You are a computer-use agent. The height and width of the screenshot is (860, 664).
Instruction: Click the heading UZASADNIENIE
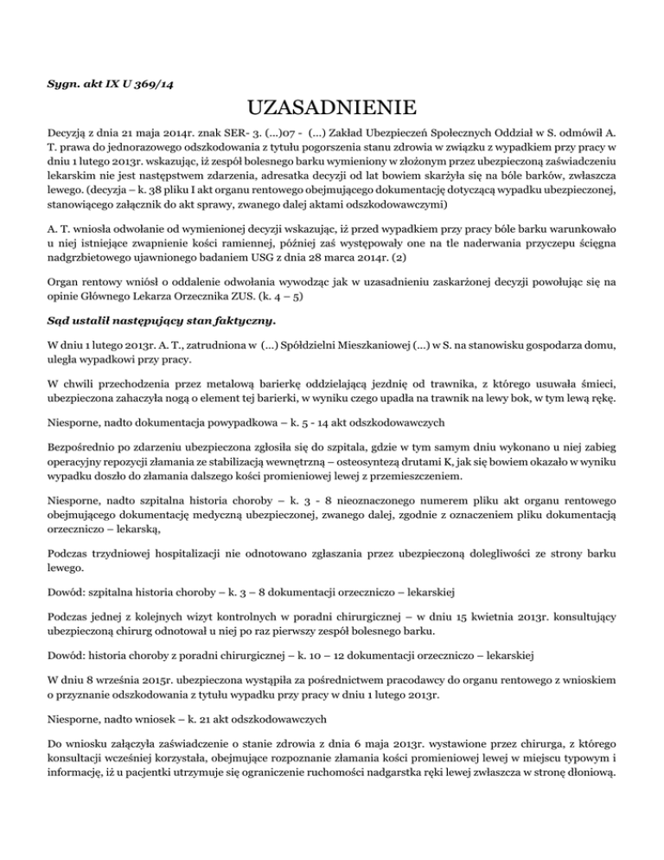click(332, 111)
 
